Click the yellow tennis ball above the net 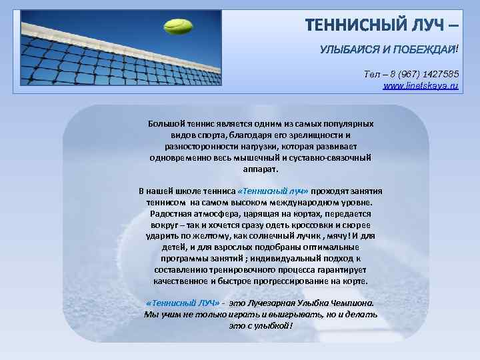tap(177, 27)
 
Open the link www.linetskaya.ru tap(421, 86)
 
